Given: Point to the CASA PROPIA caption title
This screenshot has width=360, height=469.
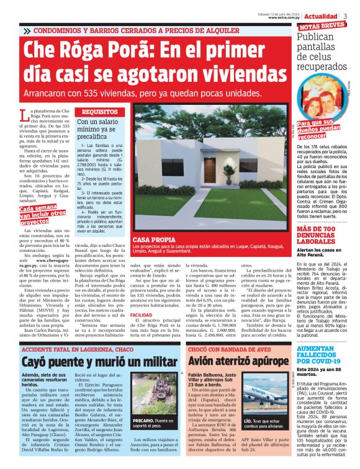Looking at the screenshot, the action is click(151, 239).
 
